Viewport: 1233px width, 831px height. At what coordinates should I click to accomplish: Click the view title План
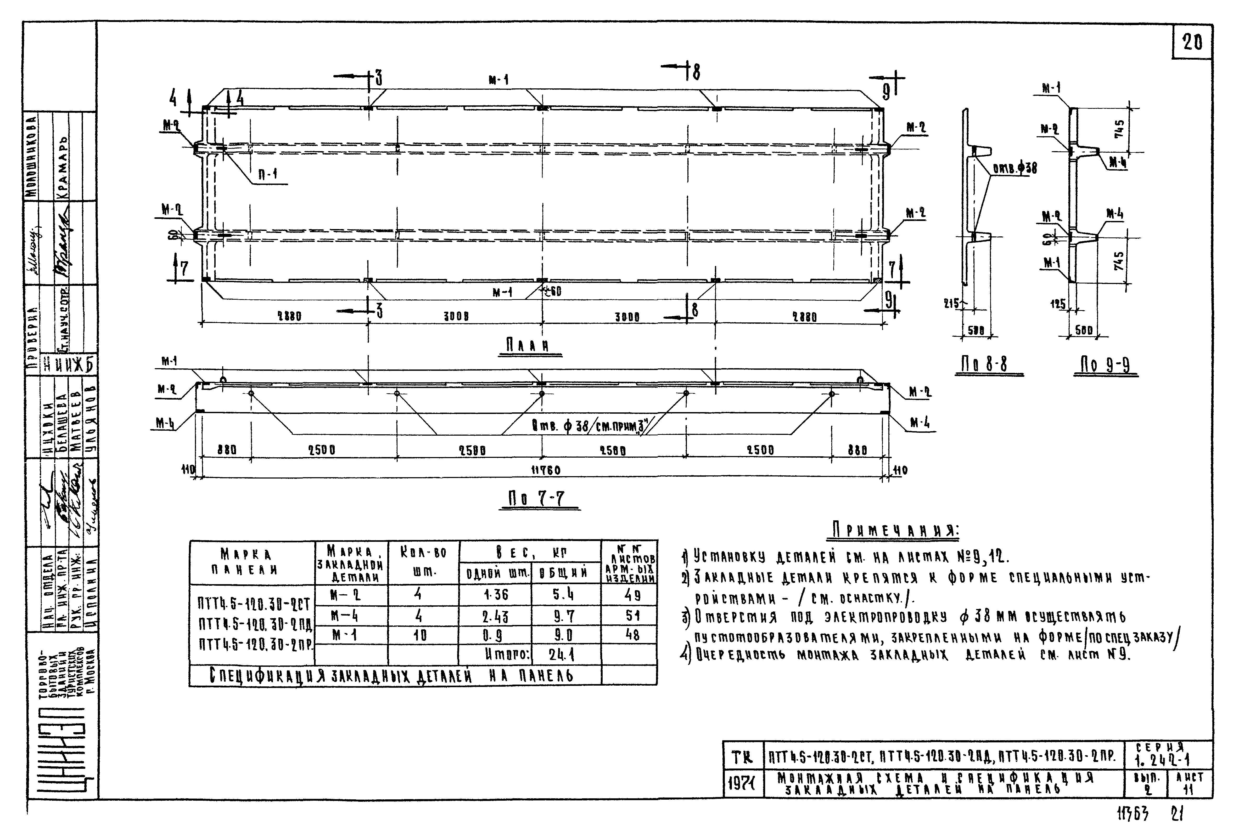coord(526,345)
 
